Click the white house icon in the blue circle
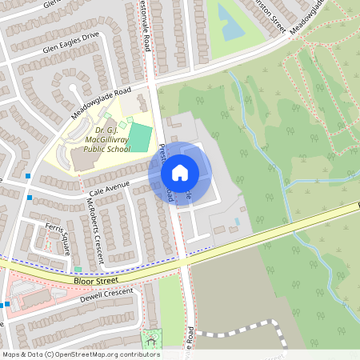(180, 172)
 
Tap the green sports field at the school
(139, 137)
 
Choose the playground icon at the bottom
(150, 339)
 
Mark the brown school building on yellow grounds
(83, 158)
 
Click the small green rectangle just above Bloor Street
(78, 270)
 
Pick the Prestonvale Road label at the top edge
(146, 24)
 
